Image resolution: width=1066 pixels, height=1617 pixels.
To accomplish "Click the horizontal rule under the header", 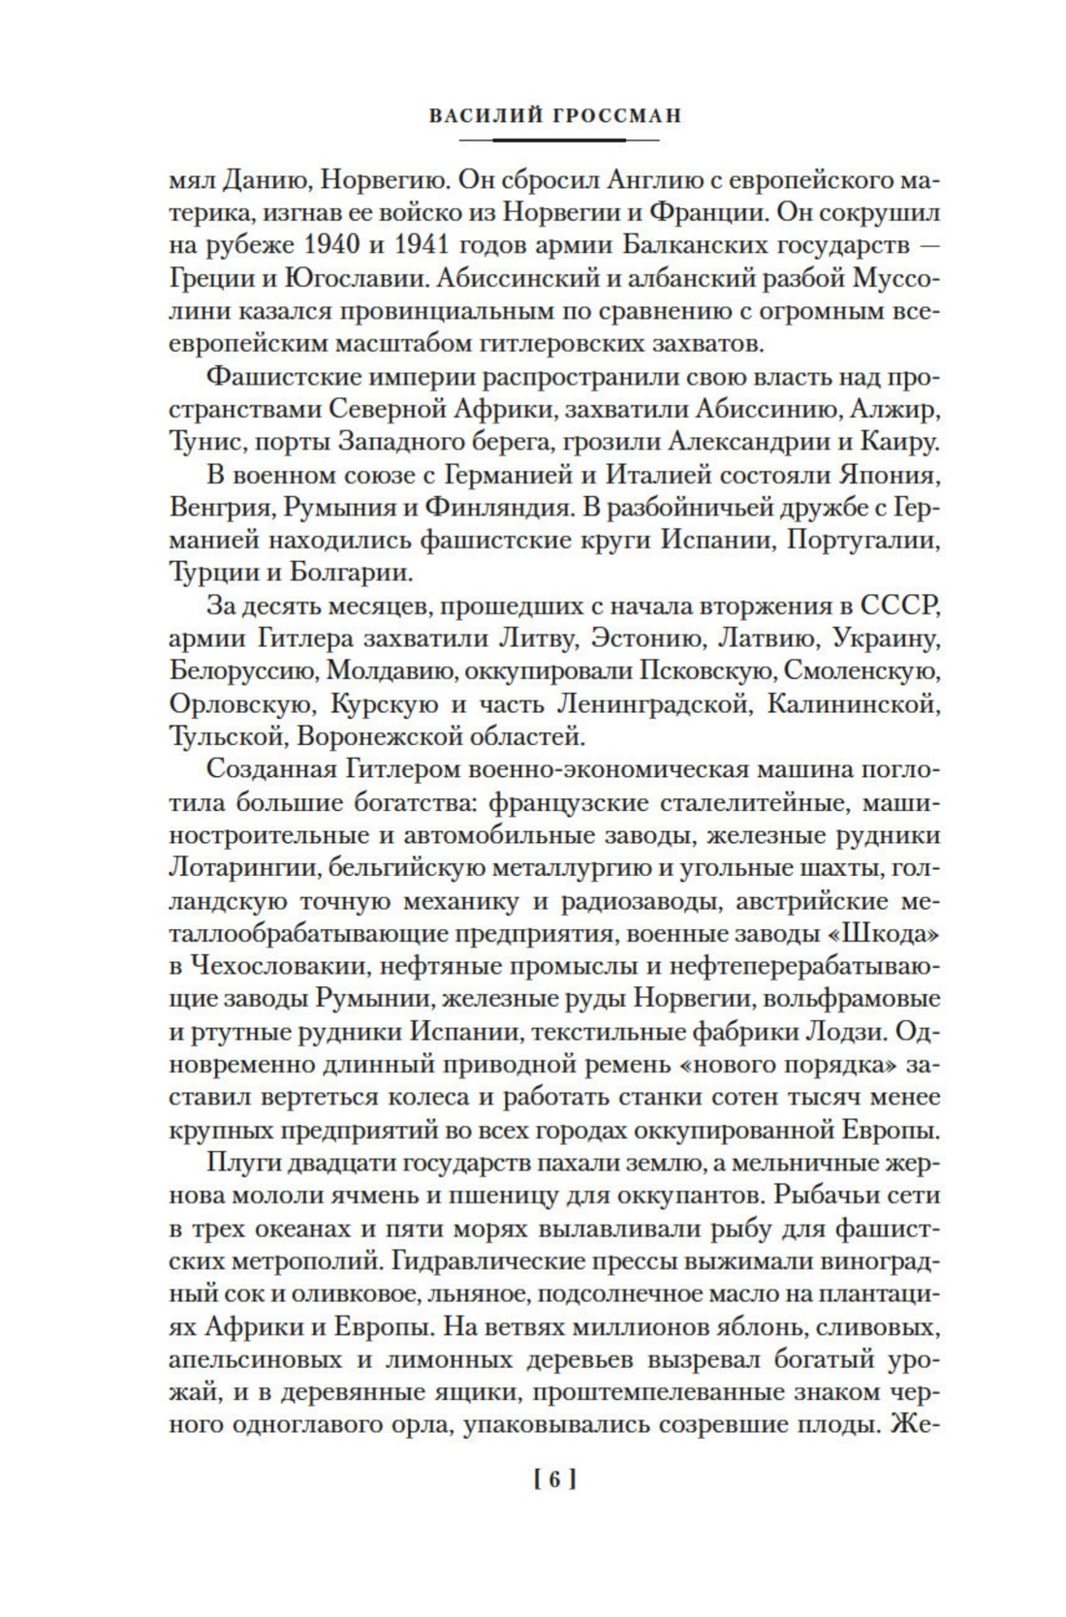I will click(x=555, y=140).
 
